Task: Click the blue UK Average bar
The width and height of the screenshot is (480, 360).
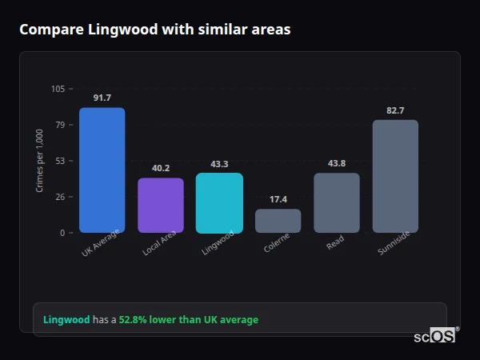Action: tap(102, 170)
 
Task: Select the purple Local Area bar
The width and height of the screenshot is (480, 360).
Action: tap(161, 206)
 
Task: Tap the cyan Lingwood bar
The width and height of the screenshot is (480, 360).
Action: tap(219, 203)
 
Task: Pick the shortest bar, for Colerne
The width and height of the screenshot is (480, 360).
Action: tap(278, 221)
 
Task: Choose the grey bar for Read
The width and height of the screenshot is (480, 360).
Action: tap(337, 203)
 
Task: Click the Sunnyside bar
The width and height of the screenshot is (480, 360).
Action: tap(395, 177)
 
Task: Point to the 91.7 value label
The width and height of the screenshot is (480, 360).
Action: tap(102, 98)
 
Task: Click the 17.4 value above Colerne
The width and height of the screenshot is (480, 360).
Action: tap(278, 199)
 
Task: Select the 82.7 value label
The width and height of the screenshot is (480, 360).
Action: tap(395, 110)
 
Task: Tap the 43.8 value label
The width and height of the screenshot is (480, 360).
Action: tap(337, 163)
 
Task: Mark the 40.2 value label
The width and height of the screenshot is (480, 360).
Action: tap(161, 168)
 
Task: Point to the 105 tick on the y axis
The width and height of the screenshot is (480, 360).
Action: tap(58, 89)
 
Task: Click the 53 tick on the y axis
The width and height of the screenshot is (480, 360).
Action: tap(60, 161)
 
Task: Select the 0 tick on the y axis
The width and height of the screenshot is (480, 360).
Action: tap(62, 233)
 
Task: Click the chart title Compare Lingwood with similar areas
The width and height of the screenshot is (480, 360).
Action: tap(154, 30)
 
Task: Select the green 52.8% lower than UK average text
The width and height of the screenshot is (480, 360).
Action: tap(189, 320)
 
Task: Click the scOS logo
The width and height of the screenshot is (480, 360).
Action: tap(434, 337)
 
